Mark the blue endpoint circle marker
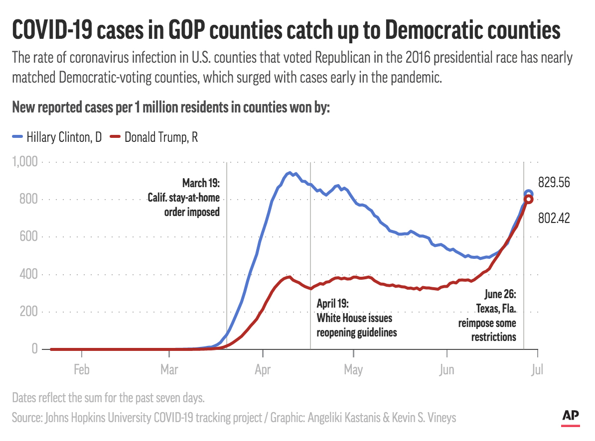(529, 194)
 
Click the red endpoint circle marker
(528, 200)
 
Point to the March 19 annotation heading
(201, 183)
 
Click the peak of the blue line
(289, 173)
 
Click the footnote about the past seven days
(108, 398)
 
